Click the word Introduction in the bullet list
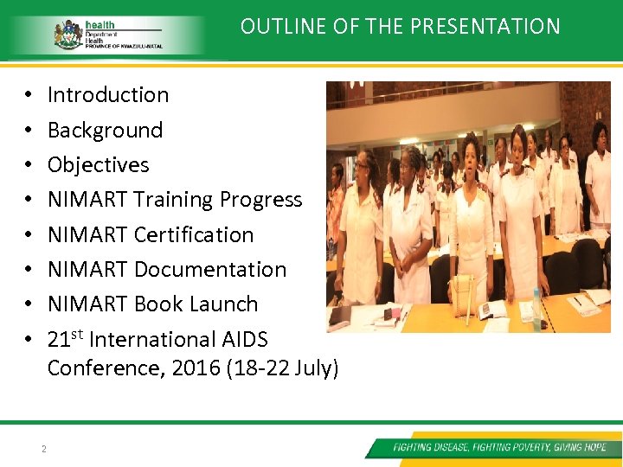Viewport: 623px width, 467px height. click(108, 95)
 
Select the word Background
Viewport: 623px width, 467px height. click(105, 131)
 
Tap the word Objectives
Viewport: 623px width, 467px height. click(98, 165)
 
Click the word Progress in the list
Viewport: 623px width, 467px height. click(260, 200)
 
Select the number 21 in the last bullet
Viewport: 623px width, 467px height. click(58, 340)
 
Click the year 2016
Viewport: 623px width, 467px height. click(196, 368)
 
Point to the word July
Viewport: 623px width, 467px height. click(313, 368)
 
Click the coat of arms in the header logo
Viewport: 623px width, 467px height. click(68, 34)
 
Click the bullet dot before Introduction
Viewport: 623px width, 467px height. click(29, 96)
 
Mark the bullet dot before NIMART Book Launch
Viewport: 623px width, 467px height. click(29, 305)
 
